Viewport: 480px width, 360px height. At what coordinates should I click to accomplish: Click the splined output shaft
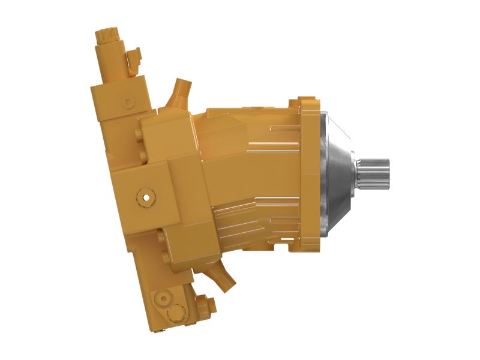click(x=376, y=174)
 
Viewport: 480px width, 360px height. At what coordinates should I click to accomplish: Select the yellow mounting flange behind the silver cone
click(x=308, y=173)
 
